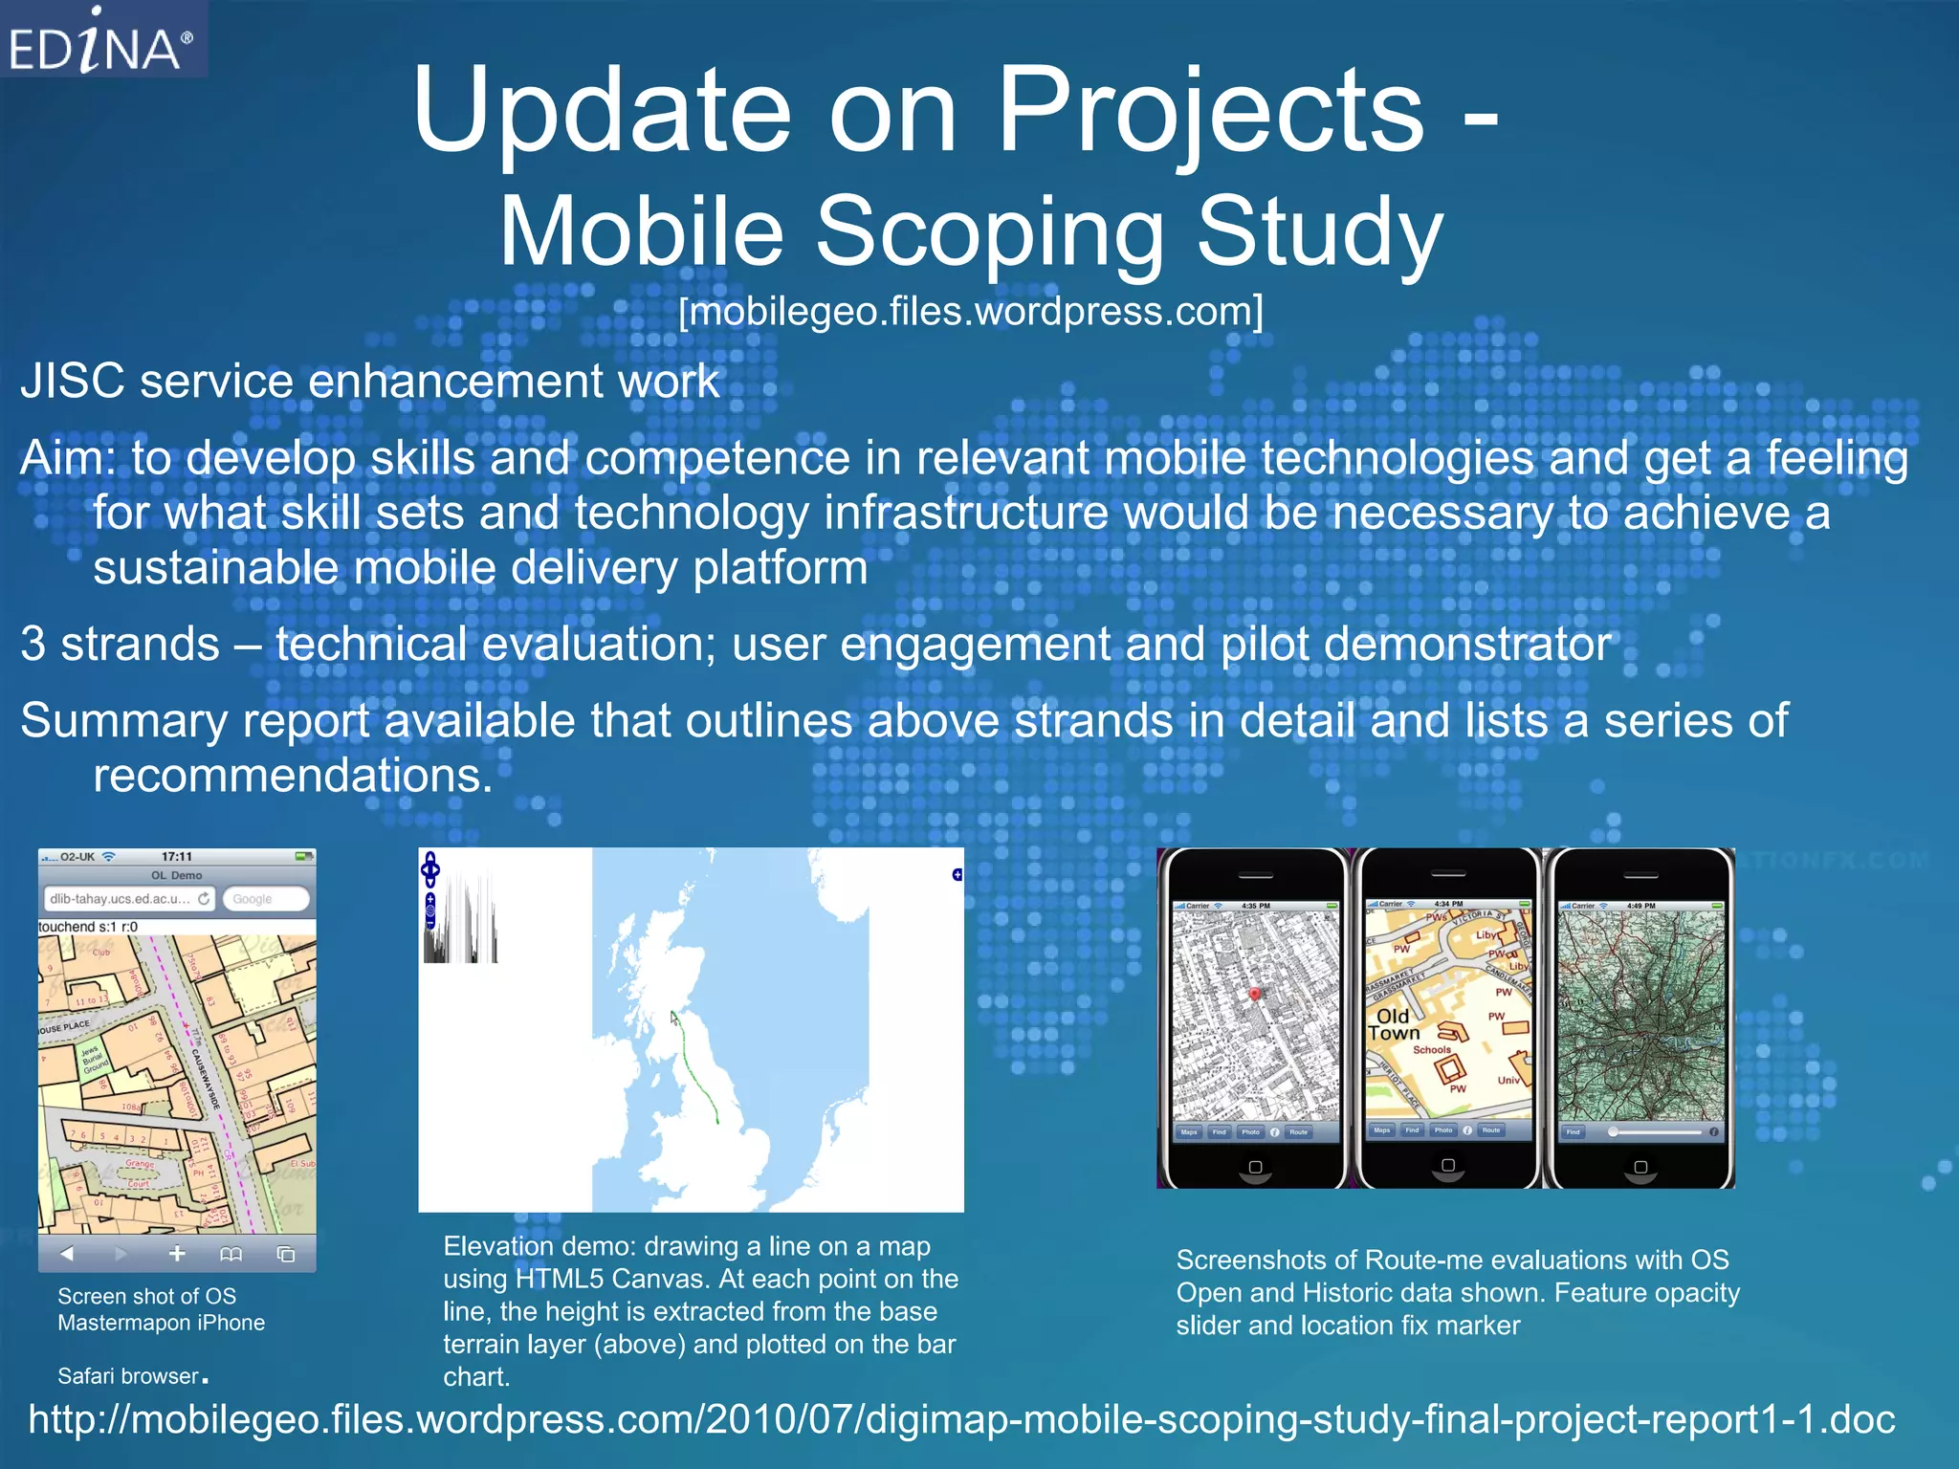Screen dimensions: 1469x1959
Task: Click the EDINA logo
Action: tap(101, 41)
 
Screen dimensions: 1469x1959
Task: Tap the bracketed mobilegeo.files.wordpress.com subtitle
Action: tap(970, 312)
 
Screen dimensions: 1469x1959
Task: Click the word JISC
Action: tap(72, 382)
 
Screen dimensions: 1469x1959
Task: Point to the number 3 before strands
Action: tap(33, 645)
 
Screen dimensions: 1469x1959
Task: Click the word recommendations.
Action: tap(292, 776)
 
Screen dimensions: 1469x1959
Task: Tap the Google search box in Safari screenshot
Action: tap(265, 899)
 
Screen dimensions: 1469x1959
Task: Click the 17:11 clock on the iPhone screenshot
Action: tap(176, 857)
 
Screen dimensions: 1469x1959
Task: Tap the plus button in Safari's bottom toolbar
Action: tap(177, 1254)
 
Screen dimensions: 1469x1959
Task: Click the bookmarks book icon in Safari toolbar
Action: tap(231, 1254)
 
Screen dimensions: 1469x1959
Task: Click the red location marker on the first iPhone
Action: tap(1255, 995)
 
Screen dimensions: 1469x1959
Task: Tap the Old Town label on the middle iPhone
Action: tap(1393, 1024)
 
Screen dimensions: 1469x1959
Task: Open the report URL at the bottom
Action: tap(961, 1419)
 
